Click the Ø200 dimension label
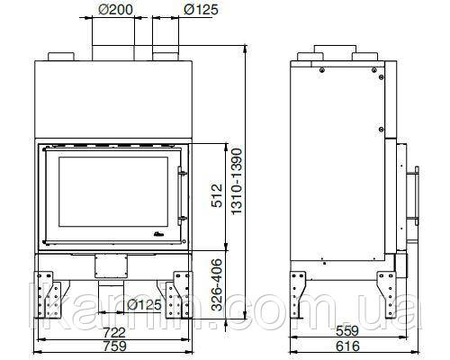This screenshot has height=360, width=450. pyautogui.click(x=115, y=10)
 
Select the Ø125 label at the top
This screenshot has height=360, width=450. pyautogui.click(x=201, y=10)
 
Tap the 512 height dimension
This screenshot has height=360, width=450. pyautogui.click(x=217, y=195)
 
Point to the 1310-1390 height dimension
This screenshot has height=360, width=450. pyautogui.click(x=237, y=181)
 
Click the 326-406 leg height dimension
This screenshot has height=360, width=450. pyautogui.click(x=217, y=284)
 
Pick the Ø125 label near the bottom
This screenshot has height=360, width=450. pyautogui.click(x=144, y=305)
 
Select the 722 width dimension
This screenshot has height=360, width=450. pyautogui.click(x=114, y=332)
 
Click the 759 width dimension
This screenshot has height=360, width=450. pyautogui.click(x=114, y=346)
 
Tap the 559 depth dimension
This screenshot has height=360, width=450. pyautogui.click(x=347, y=331)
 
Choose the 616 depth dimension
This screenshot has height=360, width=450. pyautogui.click(x=347, y=346)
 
